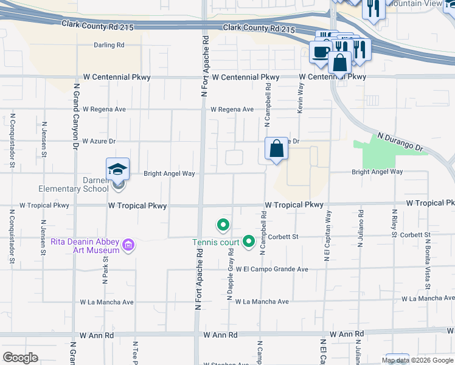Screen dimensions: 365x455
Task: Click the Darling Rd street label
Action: (x=109, y=45)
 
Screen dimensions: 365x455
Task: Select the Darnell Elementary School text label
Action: (x=73, y=184)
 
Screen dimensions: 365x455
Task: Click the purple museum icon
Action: (x=128, y=245)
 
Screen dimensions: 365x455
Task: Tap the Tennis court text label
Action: (x=216, y=243)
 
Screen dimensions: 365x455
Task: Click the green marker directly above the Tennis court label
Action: (x=223, y=226)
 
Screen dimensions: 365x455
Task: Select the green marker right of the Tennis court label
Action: (x=248, y=242)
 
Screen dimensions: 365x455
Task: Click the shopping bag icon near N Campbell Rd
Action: (x=276, y=148)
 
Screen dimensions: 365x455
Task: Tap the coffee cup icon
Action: (x=320, y=52)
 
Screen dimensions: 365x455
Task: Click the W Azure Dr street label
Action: (x=99, y=141)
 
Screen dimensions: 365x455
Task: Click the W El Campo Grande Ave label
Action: (x=272, y=269)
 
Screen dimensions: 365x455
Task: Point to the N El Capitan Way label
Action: (x=328, y=236)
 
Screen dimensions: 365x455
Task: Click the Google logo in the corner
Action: (x=21, y=357)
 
